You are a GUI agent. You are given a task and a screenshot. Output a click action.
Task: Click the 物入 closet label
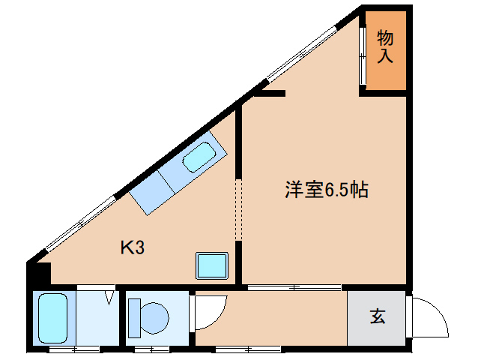point(385,46)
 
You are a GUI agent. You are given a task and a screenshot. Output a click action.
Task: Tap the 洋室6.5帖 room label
point(325,190)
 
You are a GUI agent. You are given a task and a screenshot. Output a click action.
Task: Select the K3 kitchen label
point(133,247)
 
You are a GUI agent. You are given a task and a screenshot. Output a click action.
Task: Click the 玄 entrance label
point(377,317)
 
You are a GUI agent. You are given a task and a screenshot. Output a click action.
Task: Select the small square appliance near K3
point(211,265)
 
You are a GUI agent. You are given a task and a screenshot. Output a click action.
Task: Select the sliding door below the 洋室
point(294,287)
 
